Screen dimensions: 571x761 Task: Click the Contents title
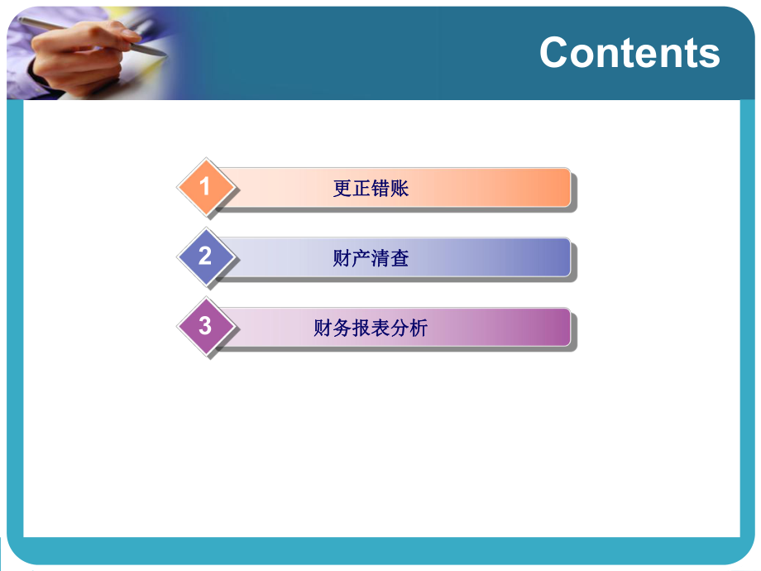click(629, 52)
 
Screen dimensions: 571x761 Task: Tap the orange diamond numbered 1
click(205, 186)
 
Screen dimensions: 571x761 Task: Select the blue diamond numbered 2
click(205, 257)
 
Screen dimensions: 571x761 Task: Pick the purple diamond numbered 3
click(205, 326)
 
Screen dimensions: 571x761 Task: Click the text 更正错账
click(371, 189)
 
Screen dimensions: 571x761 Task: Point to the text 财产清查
click(371, 259)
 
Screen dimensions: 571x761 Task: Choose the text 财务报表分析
click(371, 329)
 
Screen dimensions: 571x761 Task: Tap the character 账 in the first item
click(400, 189)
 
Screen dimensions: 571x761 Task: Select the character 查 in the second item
click(400, 259)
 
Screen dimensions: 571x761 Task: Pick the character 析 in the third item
click(419, 329)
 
